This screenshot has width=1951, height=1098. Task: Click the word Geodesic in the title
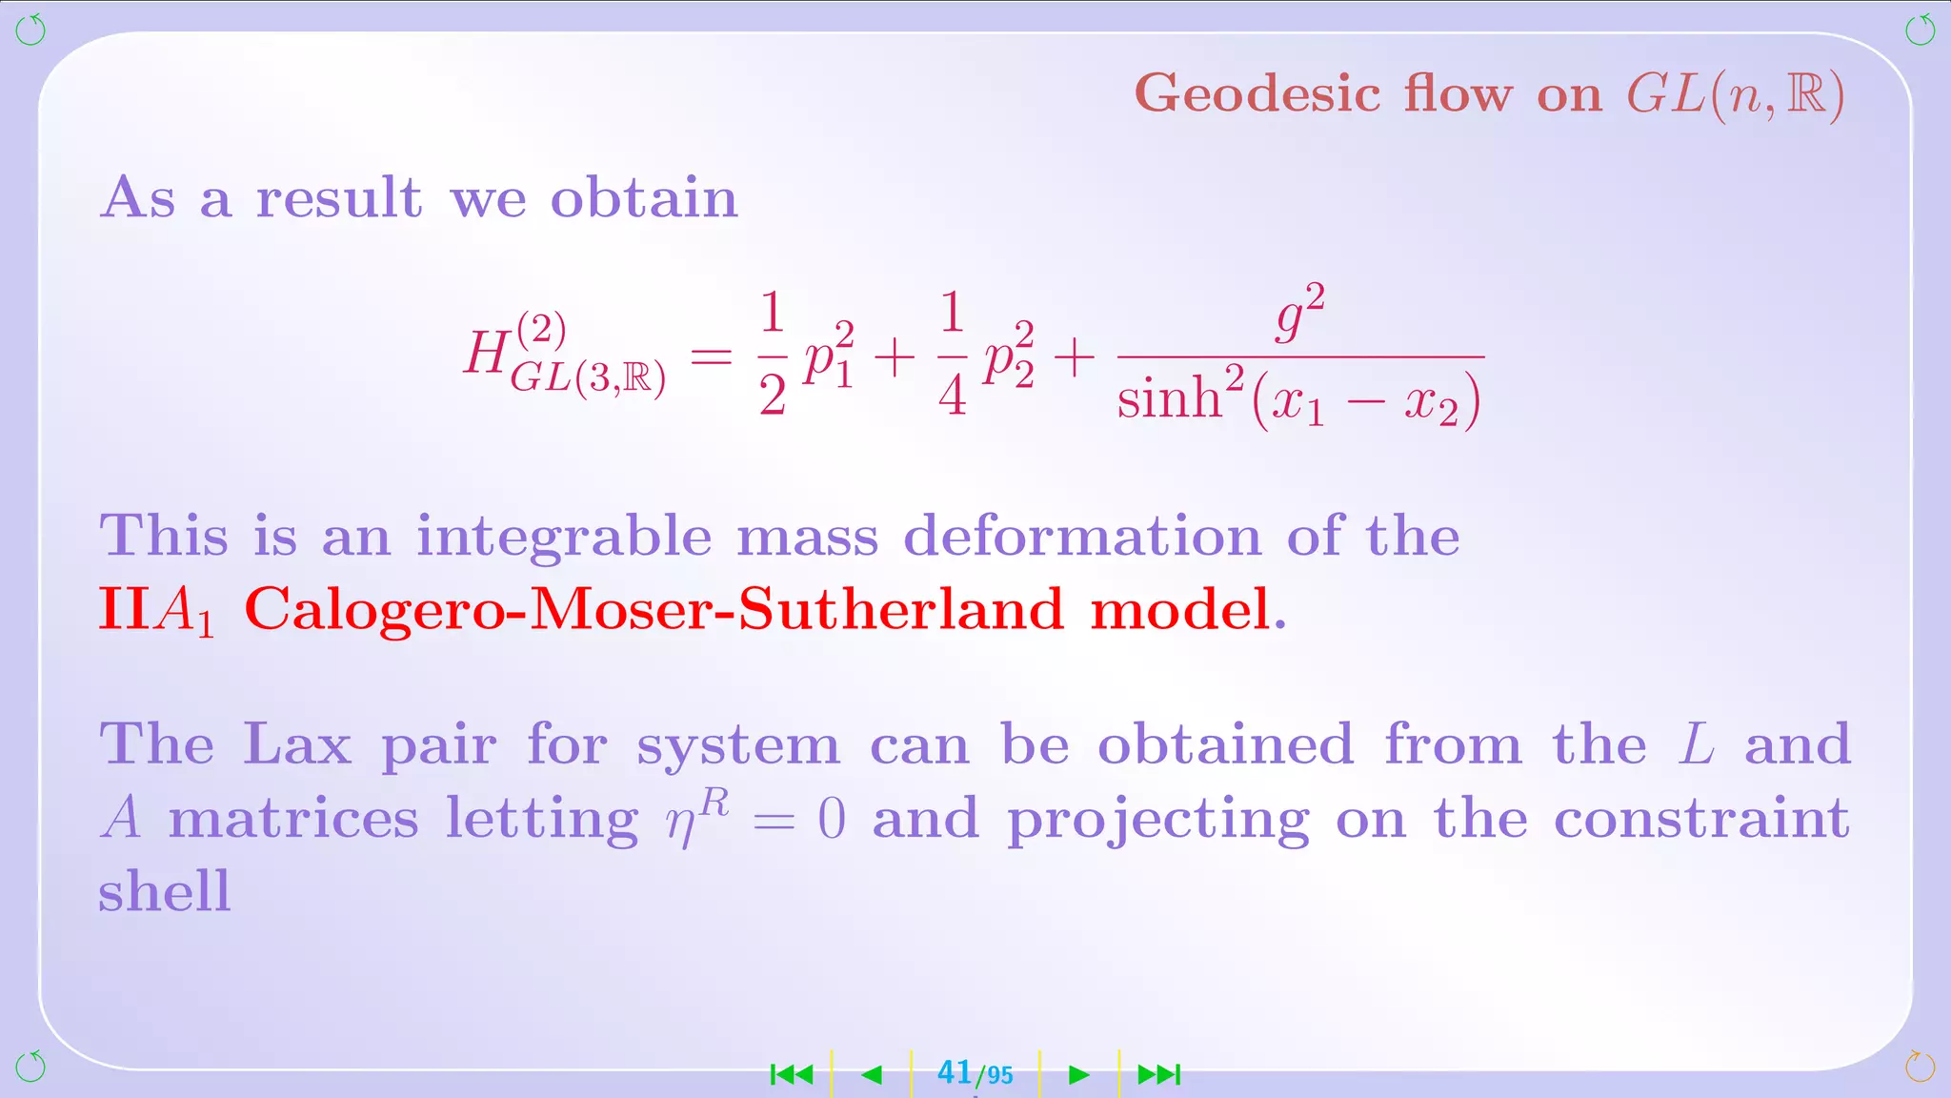pyautogui.click(x=1257, y=94)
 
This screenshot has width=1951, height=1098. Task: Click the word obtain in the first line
pyautogui.click(x=644, y=198)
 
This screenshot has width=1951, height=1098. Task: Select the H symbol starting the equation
pyautogui.click(x=486, y=353)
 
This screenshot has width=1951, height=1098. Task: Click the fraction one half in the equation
pyautogui.click(x=773, y=355)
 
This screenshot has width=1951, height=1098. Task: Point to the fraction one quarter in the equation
pyautogui.click(x=953, y=355)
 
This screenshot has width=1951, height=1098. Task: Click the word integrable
pyautogui.click(x=564, y=538)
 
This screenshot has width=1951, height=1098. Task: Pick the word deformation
pyautogui.click(x=1082, y=536)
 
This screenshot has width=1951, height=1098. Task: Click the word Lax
pyautogui.click(x=296, y=743)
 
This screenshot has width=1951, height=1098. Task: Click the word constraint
pyautogui.click(x=1701, y=818)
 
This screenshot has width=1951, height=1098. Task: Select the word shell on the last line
pyautogui.click(x=165, y=891)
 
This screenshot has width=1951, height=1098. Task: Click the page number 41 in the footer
pyautogui.click(x=954, y=1073)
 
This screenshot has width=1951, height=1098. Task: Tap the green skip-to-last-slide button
pyautogui.click(x=1159, y=1075)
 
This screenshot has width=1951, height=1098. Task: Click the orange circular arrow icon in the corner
pyautogui.click(x=1920, y=1067)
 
